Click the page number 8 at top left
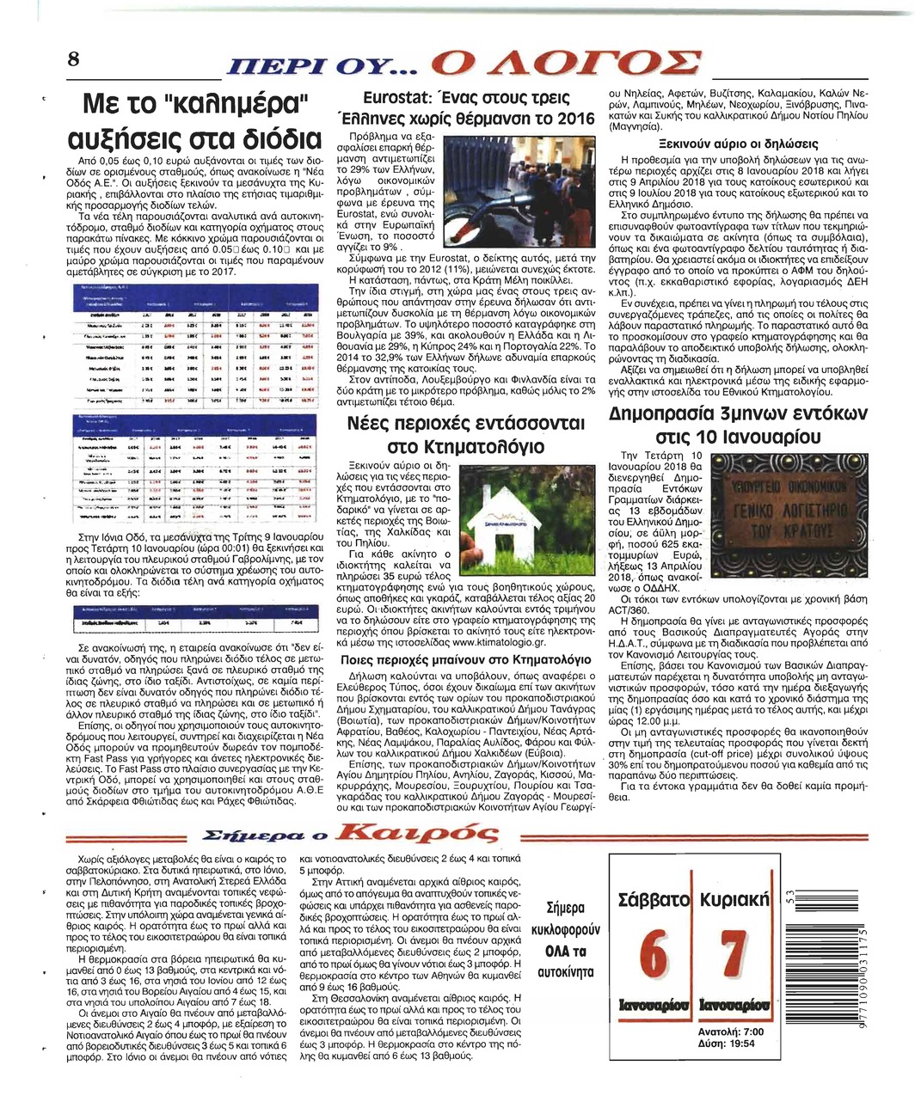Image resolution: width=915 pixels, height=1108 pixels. click(x=74, y=59)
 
